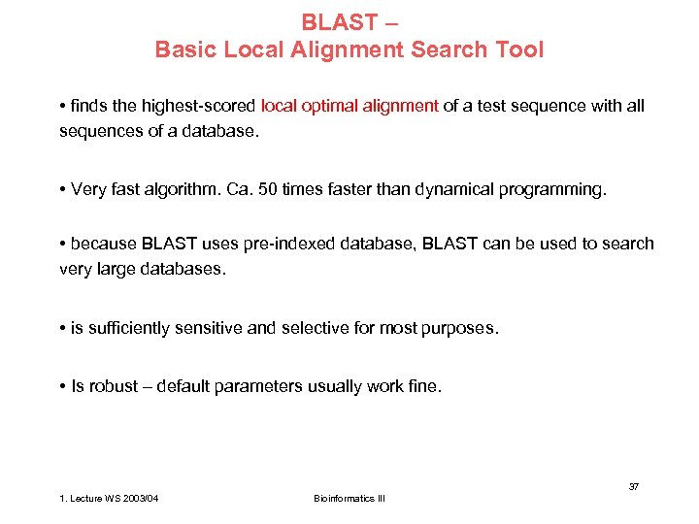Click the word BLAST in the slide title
tap(333, 21)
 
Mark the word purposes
tap(458, 328)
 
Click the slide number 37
tap(633, 486)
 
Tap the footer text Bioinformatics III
tap(349, 498)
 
